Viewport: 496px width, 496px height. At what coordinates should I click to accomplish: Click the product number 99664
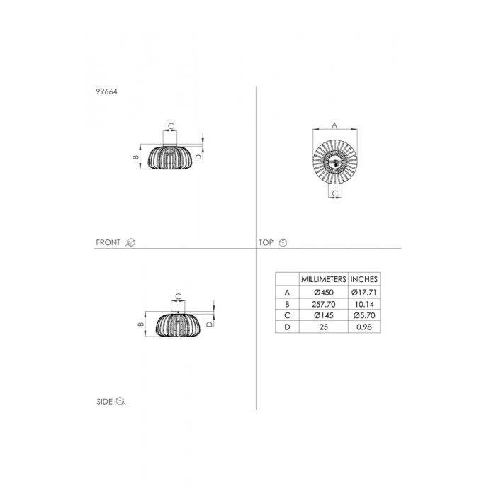[106, 91]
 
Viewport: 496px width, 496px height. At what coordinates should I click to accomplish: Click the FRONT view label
[108, 242]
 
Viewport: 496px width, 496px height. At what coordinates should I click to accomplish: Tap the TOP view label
[266, 242]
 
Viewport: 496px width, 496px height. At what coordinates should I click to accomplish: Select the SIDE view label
[105, 402]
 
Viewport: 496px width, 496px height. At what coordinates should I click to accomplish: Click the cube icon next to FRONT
[130, 242]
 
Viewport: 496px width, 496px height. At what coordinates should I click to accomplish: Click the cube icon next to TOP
[283, 242]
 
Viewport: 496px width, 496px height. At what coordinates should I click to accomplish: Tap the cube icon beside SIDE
[121, 401]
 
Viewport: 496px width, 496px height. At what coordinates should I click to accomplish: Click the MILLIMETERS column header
[324, 279]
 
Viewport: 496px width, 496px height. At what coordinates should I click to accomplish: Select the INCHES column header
[364, 279]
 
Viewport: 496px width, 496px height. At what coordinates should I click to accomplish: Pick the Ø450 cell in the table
[324, 292]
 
